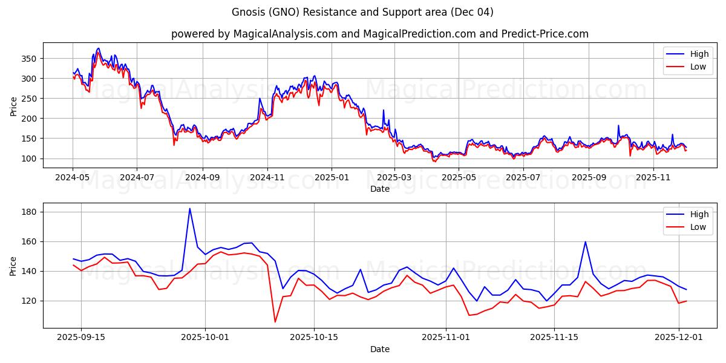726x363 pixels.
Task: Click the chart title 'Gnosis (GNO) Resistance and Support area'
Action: click(x=362, y=12)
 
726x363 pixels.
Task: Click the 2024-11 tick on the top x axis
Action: click(x=267, y=177)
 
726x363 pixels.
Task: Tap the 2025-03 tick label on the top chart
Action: click(x=394, y=177)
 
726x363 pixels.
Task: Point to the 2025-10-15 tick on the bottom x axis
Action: click(x=314, y=338)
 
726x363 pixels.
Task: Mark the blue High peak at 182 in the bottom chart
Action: click(x=189, y=209)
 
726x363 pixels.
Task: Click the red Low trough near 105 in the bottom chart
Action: click(x=275, y=322)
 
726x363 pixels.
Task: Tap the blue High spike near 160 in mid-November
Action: click(x=585, y=242)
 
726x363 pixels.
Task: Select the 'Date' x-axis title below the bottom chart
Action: click(x=379, y=349)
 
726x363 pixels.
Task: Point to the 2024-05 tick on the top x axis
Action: click(x=73, y=177)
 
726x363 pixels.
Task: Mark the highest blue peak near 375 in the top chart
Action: click(x=98, y=48)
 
